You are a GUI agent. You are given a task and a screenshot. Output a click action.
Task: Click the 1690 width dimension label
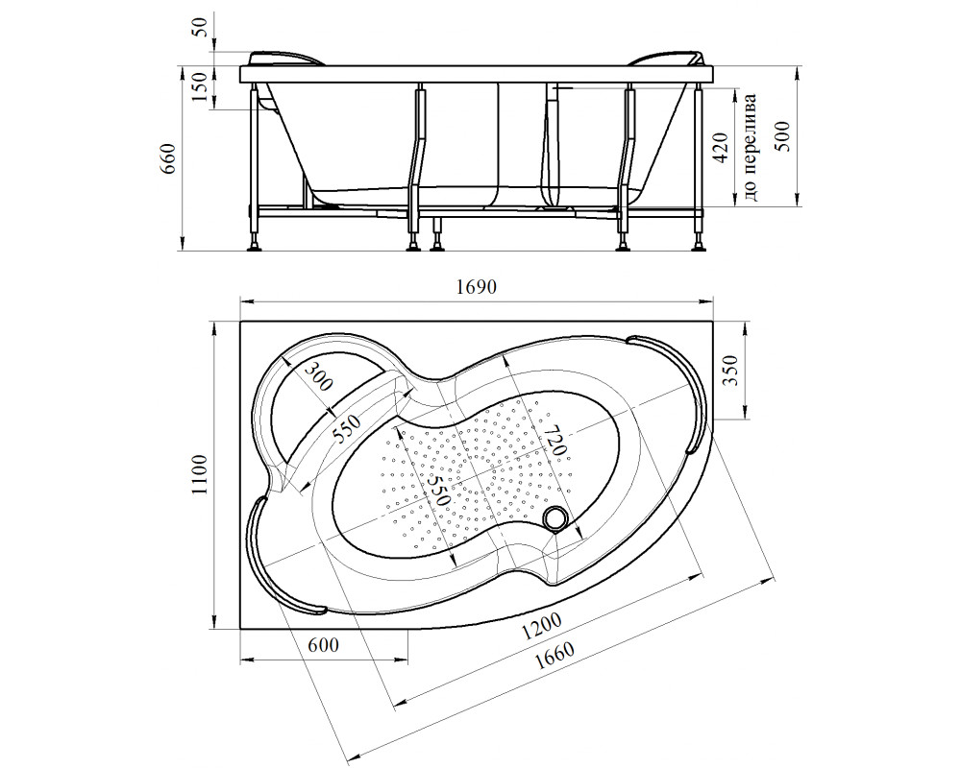477,288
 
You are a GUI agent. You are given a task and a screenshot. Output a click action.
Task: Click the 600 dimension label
324,645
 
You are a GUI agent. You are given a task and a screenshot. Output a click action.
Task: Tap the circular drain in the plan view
554,519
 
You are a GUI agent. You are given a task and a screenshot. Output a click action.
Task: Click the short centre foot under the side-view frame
438,233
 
